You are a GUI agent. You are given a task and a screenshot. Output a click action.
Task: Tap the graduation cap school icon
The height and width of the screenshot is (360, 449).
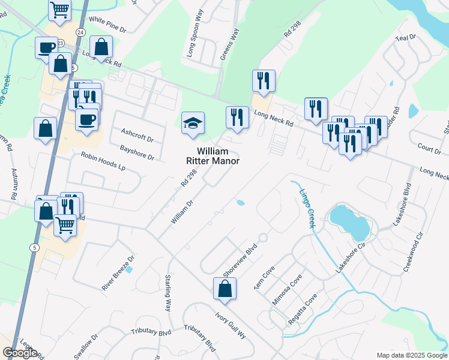click(x=193, y=124)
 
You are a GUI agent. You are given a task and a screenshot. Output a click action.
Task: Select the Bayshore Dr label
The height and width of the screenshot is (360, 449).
click(x=137, y=152)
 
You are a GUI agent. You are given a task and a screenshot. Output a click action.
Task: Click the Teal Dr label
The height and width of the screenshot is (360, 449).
click(x=406, y=37)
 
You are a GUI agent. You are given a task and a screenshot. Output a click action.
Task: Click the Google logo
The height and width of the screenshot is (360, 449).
click(x=20, y=353)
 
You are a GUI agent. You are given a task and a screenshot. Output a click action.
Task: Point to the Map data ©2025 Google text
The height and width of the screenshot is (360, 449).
click(x=411, y=355)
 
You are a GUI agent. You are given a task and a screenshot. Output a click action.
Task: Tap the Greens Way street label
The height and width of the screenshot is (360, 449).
click(x=229, y=44)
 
